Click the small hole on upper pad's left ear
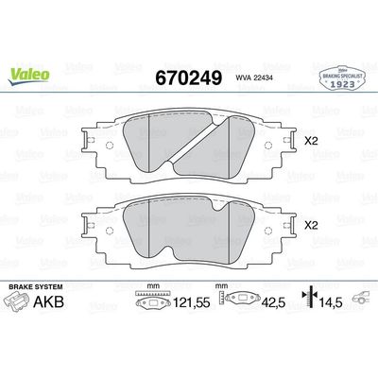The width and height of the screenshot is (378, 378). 107,145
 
